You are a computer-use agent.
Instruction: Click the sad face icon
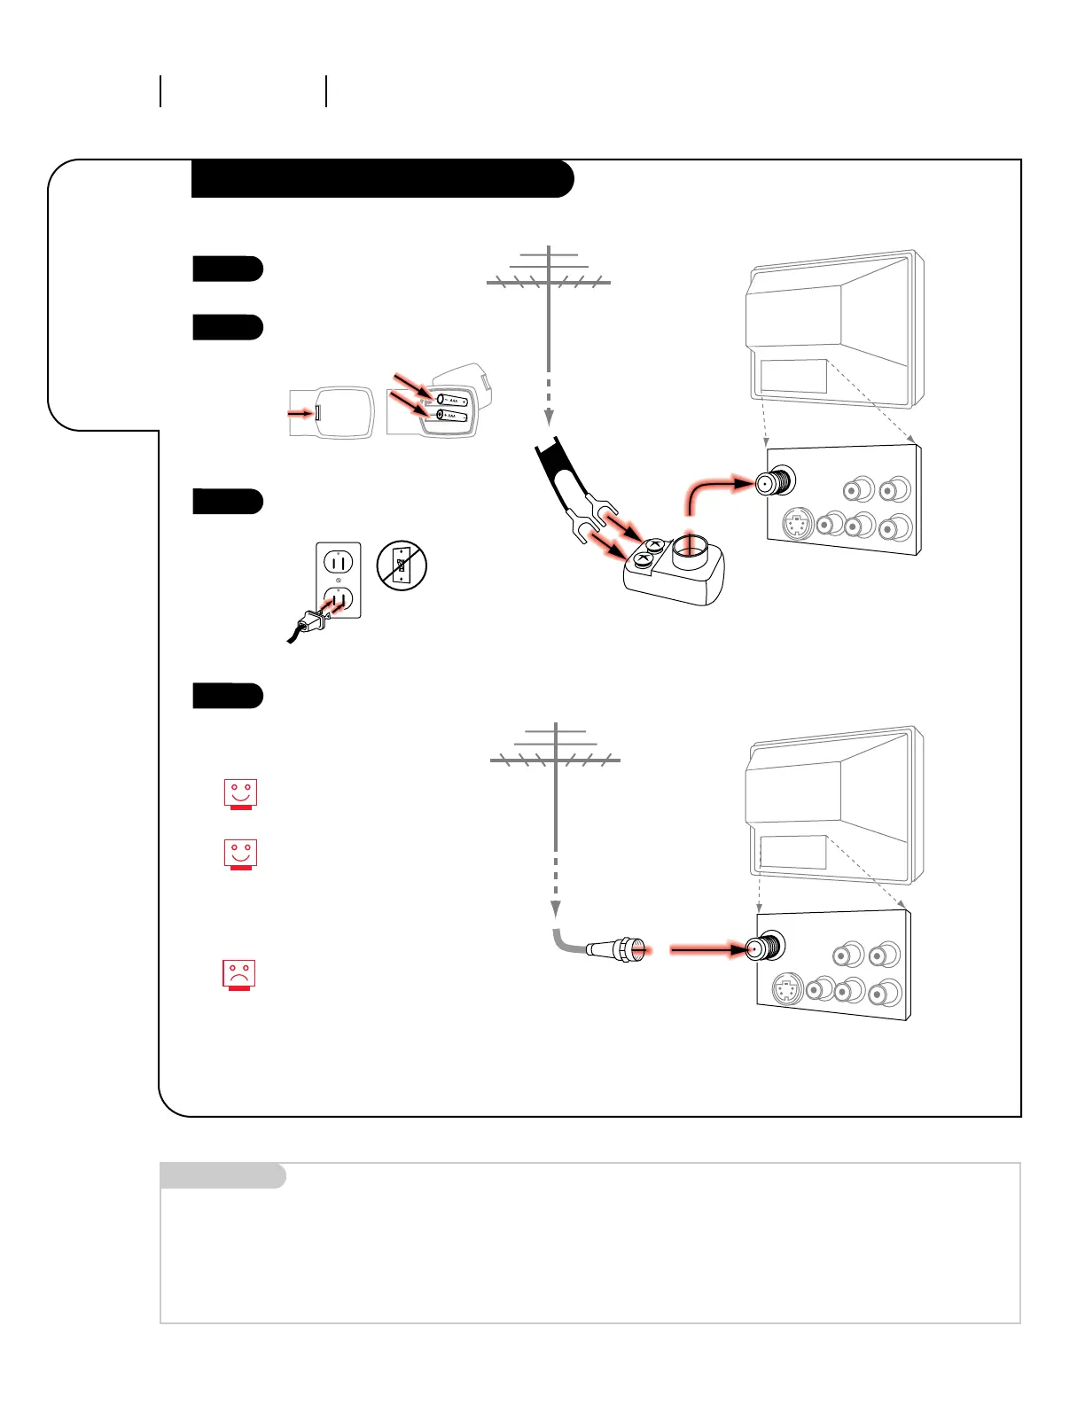coord(238,973)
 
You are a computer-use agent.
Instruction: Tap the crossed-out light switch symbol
coord(402,565)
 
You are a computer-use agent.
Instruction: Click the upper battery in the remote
coord(451,401)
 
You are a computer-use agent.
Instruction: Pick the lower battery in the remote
coord(451,415)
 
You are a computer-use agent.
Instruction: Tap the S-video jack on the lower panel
coord(786,989)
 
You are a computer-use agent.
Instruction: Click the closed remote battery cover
coord(332,412)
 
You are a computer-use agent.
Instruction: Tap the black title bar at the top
coord(381,179)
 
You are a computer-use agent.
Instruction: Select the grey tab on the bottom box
coord(222,1176)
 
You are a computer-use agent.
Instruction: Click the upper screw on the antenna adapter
coord(654,545)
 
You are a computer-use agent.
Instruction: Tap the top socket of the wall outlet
coord(339,562)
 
